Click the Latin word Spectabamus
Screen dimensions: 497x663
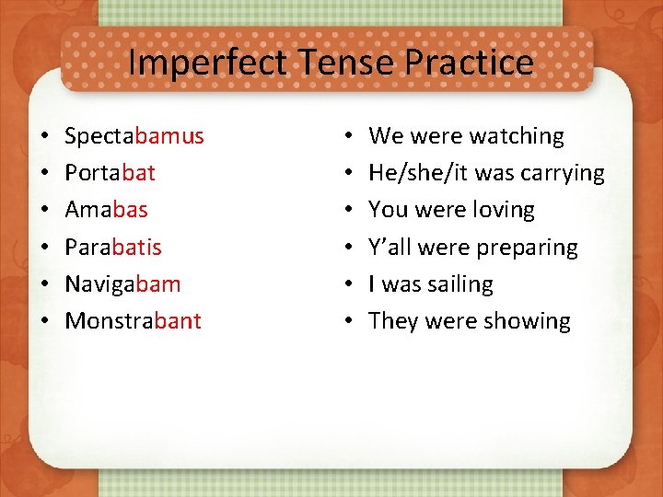(x=134, y=136)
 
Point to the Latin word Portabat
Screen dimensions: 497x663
(x=110, y=173)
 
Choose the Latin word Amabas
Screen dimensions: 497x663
(x=106, y=210)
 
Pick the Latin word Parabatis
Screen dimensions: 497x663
(x=113, y=248)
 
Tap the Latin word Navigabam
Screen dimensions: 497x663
(x=122, y=284)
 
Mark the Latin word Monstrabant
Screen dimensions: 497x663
(x=133, y=321)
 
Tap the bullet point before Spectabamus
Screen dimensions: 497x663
(x=44, y=137)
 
